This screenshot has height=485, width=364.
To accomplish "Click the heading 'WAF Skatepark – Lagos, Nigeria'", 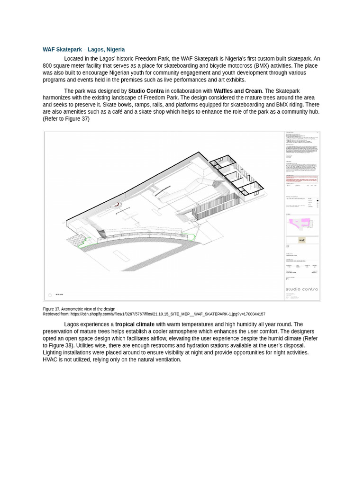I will click(83, 49).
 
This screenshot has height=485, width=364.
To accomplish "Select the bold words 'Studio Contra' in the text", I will click(146, 91).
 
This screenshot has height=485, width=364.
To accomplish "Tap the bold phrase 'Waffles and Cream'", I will click(237, 91).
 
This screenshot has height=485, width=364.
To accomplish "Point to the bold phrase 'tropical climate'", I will click(135, 324).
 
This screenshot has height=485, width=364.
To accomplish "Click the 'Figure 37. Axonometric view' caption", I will click(79, 309).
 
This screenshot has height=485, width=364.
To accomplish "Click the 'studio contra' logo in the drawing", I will click(301, 289).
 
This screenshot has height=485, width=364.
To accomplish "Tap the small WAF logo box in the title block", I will click(301, 240).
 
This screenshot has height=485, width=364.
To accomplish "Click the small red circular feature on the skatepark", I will click(116, 204).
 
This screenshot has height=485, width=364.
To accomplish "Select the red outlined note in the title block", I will click(301, 179).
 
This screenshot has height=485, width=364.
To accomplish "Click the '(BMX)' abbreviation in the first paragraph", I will click(261, 66).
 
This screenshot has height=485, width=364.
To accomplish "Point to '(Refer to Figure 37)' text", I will click(66, 119).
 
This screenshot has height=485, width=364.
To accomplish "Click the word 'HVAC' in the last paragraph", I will click(50, 359).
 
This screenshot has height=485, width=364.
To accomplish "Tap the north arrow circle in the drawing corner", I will click(50, 295).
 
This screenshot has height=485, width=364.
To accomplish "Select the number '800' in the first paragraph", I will click(47, 66).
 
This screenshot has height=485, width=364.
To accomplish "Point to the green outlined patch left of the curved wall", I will click(84, 242).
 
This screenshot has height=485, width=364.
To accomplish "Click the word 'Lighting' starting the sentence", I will click(53, 352).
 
